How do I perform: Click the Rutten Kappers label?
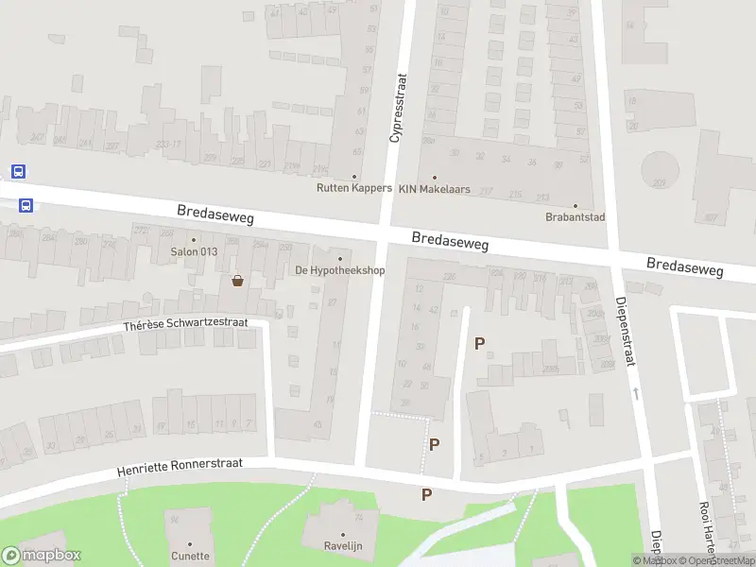point(353,188)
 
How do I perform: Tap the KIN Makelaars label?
point(435,189)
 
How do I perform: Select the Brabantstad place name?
point(575,216)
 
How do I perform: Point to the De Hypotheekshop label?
point(340,270)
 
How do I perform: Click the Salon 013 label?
point(194,251)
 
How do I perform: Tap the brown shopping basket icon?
point(237,280)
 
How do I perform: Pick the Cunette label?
point(190,557)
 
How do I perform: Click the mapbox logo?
point(41,556)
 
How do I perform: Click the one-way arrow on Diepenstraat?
point(636,391)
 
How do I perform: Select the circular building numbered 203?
point(660,170)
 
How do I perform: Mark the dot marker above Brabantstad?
point(575,205)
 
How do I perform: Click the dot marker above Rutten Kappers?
point(353,177)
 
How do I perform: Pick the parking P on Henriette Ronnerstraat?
point(427,493)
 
